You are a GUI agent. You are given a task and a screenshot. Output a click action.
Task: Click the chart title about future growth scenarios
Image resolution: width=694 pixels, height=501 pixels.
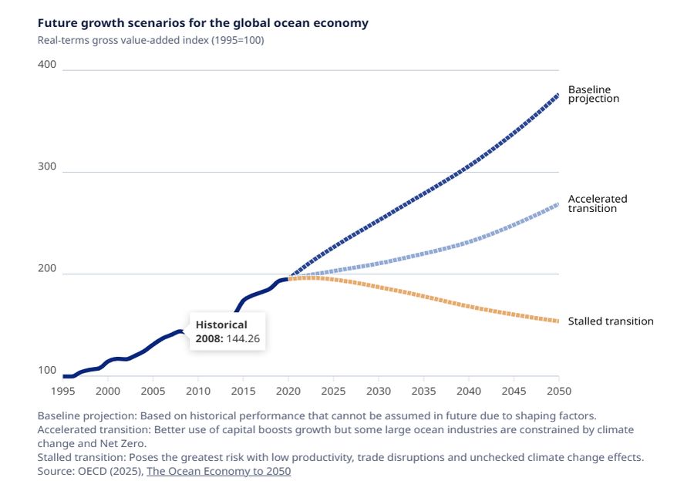click(x=203, y=23)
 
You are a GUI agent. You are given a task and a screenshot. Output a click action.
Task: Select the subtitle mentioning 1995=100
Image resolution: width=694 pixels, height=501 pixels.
click(x=150, y=40)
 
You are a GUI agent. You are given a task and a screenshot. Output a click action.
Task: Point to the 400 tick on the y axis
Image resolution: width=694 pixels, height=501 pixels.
click(x=47, y=65)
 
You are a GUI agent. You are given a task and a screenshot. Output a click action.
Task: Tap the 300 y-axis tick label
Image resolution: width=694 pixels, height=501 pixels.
click(x=47, y=166)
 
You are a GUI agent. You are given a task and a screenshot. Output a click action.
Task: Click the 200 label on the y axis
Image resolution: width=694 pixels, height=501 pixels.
click(x=47, y=269)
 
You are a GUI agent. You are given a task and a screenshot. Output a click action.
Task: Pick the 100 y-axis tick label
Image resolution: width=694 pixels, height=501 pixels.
click(x=47, y=371)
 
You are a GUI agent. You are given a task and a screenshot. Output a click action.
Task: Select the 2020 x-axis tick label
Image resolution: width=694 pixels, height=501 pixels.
click(x=288, y=391)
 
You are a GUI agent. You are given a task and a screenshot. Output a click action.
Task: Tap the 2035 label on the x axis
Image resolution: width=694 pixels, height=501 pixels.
click(x=423, y=391)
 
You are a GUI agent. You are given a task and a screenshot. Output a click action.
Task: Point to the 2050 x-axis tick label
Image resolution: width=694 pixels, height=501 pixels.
click(x=559, y=391)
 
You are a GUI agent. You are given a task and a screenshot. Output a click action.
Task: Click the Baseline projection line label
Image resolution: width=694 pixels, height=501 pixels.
click(x=593, y=94)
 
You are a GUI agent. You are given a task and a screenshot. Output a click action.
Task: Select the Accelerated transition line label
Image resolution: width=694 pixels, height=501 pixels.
click(x=598, y=203)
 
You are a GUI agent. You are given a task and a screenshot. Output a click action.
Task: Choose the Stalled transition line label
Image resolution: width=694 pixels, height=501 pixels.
click(x=611, y=321)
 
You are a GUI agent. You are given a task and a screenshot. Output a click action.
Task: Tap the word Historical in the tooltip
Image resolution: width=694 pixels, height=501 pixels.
click(x=221, y=325)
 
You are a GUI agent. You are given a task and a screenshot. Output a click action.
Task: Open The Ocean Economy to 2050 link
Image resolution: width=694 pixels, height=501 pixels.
click(x=219, y=471)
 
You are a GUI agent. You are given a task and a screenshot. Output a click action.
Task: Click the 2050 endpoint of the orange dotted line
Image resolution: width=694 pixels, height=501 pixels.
click(x=558, y=321)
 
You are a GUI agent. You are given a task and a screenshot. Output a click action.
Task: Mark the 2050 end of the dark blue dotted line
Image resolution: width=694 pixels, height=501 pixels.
click(x=558, y=95)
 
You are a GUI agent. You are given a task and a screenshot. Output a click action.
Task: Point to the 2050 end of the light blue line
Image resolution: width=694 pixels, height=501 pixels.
click(x=558, y=204)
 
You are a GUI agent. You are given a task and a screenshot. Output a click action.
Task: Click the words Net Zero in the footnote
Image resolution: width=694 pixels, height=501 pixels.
click(x=123, y=444)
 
